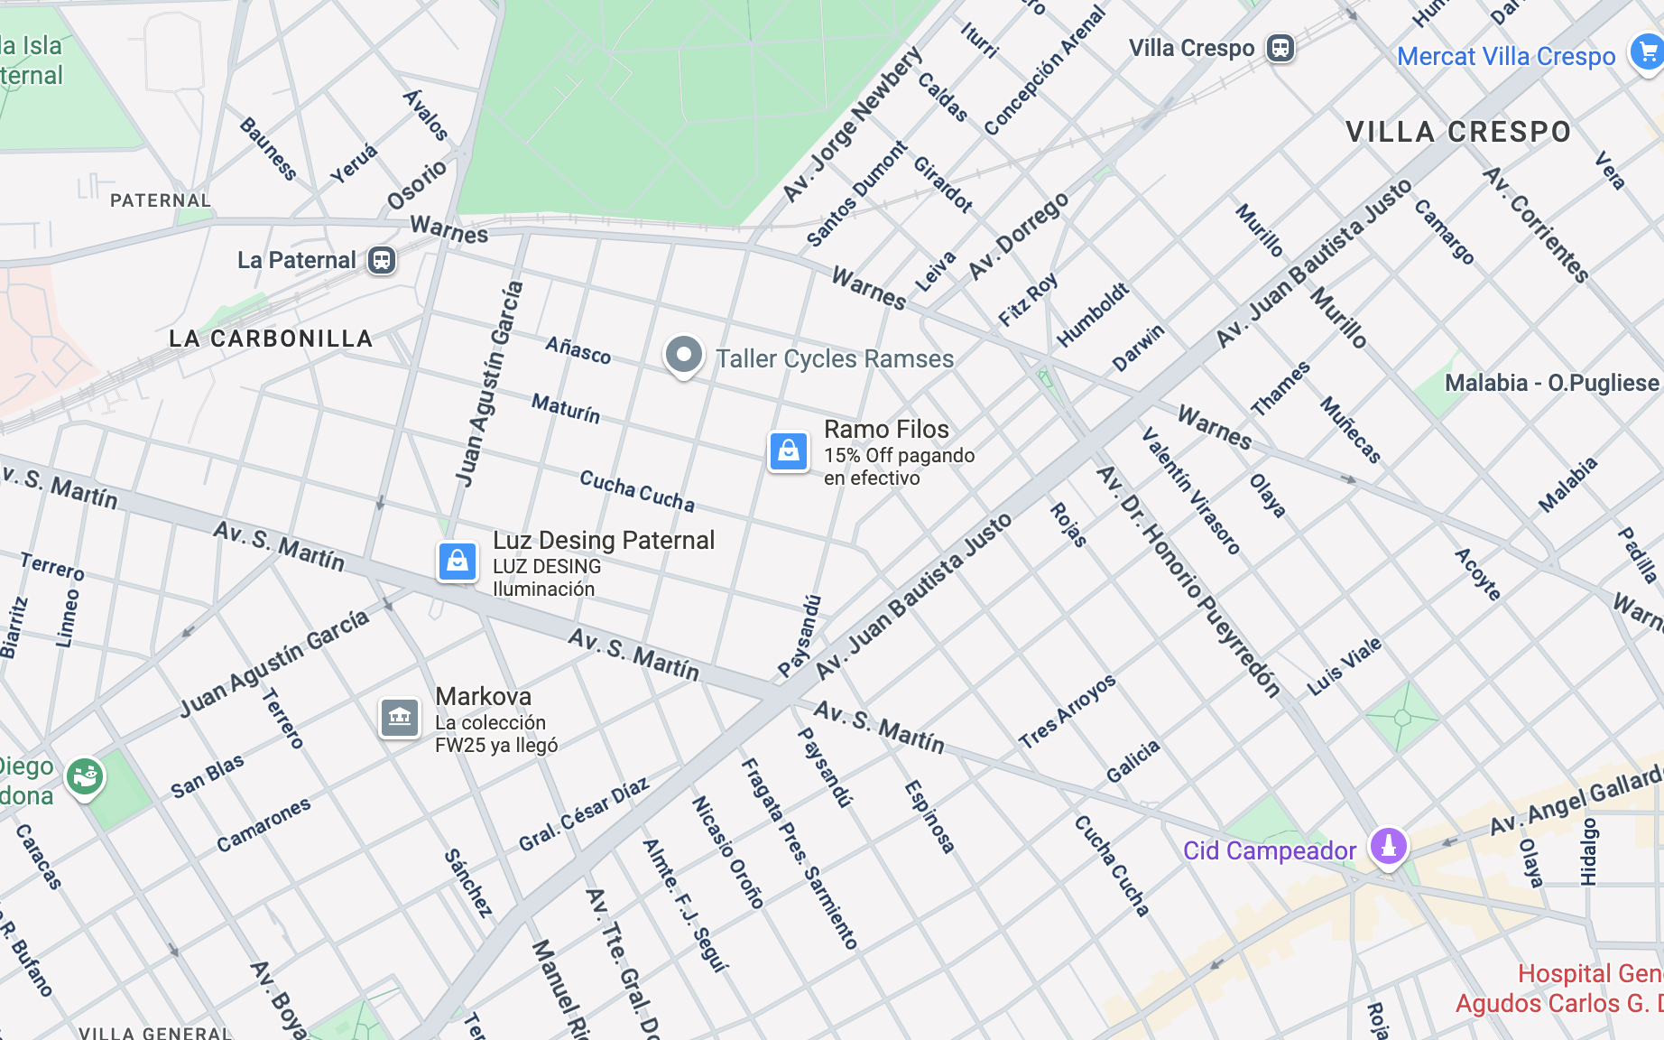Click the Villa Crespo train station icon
coord(1280,48)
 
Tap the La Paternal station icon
coord(382,261)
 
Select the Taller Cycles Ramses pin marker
coord(683,356)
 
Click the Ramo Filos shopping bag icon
coord(788,450)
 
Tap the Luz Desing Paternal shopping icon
coord(458,562)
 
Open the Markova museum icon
coord(400,719)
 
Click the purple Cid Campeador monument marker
coord(1388,847)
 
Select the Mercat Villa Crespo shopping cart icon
coord(1646,52)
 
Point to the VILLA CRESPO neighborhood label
coord(1458,132)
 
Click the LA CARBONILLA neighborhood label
coord(271,339)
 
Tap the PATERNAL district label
coord(160,200)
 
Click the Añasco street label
coord(578,349)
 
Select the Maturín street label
coord(566,408)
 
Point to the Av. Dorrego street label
coord(1019,235)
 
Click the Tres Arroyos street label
coord(1068,711)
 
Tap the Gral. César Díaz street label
coord(584,814)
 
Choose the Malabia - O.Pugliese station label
coord(1551,383)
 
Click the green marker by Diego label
coord(85,776)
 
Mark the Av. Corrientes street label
coord(1536,224)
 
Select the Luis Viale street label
coord(1344,666)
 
